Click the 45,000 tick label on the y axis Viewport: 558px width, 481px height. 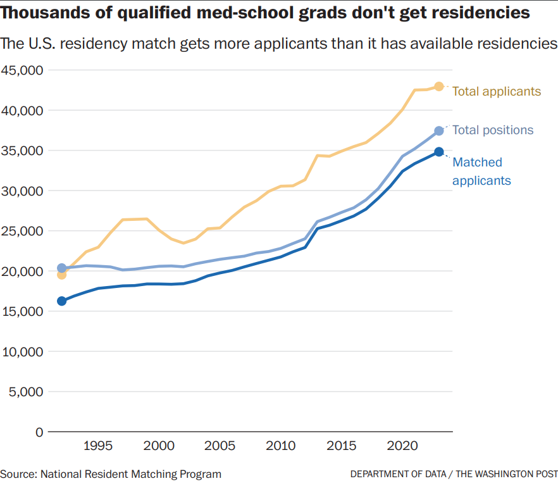pyautogui.click(x=22, y=70)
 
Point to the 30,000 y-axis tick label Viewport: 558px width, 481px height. pyautogui.click(x=22, y=191)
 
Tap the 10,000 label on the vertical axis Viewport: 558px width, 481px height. pyautogui.click(x=22, y=351)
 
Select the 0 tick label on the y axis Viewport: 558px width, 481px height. pyautogui.click(x=38, y=432)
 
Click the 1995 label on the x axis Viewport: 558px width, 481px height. pyautogui.click(x=98, y=446)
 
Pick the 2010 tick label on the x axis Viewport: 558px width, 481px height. pyautogui.click(x=280, y=446)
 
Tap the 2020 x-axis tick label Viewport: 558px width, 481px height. pyautogui.click(x=402, y=446)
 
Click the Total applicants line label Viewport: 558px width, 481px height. pyautogui.click(x=497, y=91)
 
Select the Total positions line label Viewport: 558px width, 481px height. pyautogui.click(x=493, y=130)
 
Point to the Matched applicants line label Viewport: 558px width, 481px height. pyautogui.click(x=481, y=172)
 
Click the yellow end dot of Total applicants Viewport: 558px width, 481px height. pyautogui.click(x=439, y=86)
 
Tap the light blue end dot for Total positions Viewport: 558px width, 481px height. pyautogui.click(x=439, y=131)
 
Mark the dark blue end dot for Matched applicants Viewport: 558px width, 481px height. pyautogui.click(x=439, y=152)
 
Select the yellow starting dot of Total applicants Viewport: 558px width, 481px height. pyautogui.click(x=61, y=275)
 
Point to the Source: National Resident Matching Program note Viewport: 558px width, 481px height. pyautogui.click(x=111, y=473)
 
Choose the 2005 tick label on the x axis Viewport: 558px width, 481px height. pyautogui.click(x=220, y=446)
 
